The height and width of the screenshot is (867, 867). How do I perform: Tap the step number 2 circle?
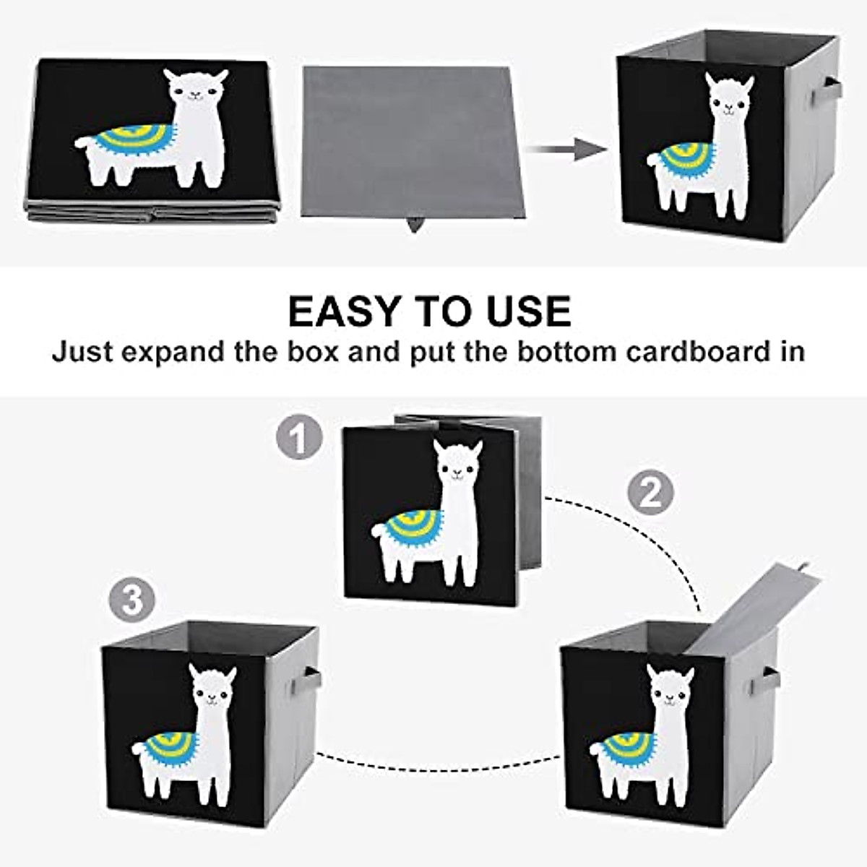tap(650, 493)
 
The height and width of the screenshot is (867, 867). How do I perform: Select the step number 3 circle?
tap(131, 601)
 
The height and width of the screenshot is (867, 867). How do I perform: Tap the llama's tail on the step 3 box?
tap(139, 751)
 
